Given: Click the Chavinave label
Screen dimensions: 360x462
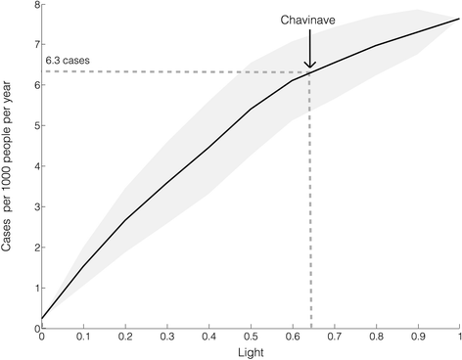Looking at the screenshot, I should pyautogui.click(x=308, y=18).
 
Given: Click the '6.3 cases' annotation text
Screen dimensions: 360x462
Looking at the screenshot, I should pyautogui.click(x=67, y=60).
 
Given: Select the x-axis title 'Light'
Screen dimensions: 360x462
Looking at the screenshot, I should pyautogui.click(x=250, y=350).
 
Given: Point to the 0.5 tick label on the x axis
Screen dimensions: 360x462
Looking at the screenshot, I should pyautogui.click(x=251, y=336).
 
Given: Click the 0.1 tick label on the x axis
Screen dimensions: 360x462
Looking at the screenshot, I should pyautogui.click(x=83, y=336).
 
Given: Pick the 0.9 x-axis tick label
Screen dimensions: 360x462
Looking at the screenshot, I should pyautogui.click(x=418, y=336).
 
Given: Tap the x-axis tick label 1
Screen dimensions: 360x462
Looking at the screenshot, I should pyautogui.click(x=458, y=336).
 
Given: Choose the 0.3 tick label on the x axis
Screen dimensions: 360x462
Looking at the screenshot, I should pyautogui.click(x=167, y=336).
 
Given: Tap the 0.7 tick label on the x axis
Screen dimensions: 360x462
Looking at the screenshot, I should pyautogui.click(x=335, y=336).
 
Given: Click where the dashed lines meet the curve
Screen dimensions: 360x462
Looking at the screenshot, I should pyautogui.click(x=310, y=71).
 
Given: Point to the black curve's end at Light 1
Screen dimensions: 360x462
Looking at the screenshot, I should pyautogui.click(x=459, y=20).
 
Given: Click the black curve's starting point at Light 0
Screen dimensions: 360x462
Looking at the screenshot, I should pyautogui.click(x=42, y=318).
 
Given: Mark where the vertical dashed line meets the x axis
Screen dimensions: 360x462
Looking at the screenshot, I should pyautogui.click(x=310, y=327).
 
